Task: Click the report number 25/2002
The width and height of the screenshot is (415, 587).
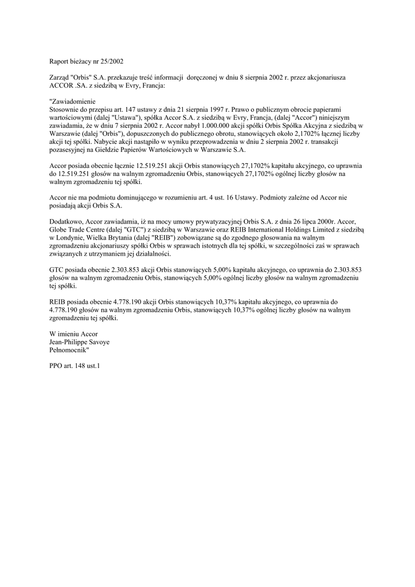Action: (110, 60)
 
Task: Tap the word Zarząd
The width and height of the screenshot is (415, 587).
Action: (60, 76)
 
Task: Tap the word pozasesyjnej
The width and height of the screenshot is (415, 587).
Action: (69, 150)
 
